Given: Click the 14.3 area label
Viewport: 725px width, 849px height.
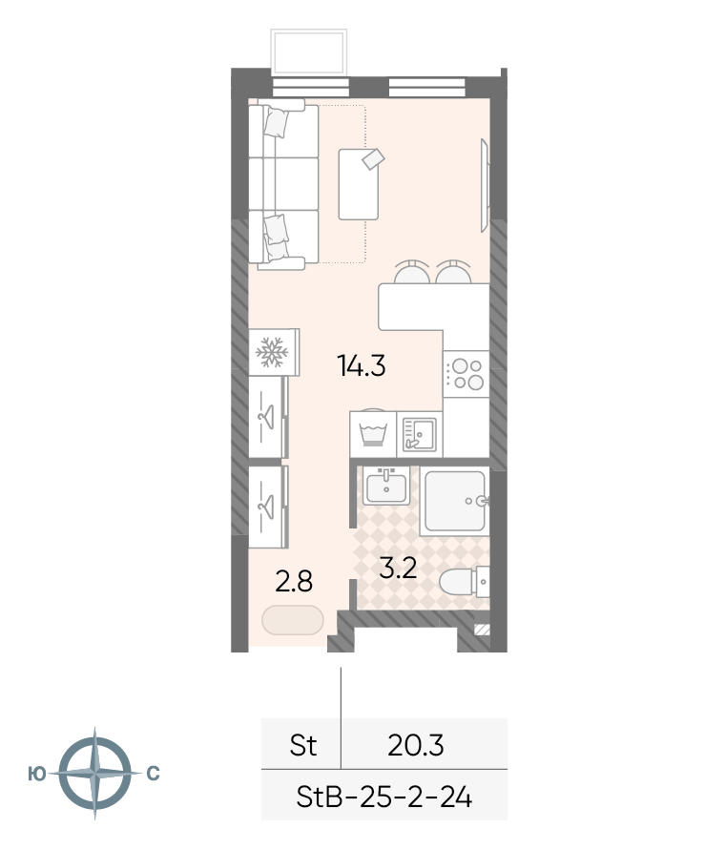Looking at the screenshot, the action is pyautogui.click(x=362, y=365).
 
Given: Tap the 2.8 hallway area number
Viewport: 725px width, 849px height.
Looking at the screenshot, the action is pyautogui.click(x=294, y=582).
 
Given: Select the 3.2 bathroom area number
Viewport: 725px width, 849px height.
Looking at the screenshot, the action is pyautogui.click(x=398, y=568).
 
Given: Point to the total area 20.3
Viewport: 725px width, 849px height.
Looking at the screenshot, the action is pyautogui.click(x=416, y=745).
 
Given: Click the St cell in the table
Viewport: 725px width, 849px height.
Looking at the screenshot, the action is pyautogui.click(x=302, y=745).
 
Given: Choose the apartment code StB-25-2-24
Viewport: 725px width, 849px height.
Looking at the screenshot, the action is pyautogui.click(x=384, y=797).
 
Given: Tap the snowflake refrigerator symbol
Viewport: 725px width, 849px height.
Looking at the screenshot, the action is pyautogui.click(x=271, y=352).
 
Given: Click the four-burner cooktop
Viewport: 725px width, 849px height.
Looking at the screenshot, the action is pyautogui.click(x=466, y=374).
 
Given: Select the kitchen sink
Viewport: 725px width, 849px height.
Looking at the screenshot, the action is pyautogui.click(x=420, y=434).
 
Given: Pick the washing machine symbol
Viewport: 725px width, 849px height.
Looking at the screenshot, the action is pyautogui.click(x=373, y=434).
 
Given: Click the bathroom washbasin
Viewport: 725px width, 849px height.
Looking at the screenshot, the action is pyautogui.click(x=386, y=486).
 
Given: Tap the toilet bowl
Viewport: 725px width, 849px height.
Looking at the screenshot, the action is pyautogui.click(x=464, y=582).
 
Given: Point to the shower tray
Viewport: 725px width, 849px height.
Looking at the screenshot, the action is pyautogui.click(x=455, y=501).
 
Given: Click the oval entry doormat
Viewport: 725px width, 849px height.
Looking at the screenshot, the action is pyautogui.click(x=293, y=620).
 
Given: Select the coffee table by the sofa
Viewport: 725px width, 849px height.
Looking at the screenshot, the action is pyautogui.click(x=359, y=184).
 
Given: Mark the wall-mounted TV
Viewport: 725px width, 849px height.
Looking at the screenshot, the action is pyautogui.click(x=486, y=185).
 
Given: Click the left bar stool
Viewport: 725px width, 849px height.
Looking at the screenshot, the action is pyautogui.click(x=411, y=272).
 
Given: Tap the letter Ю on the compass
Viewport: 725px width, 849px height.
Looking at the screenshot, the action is pyautogui.click(x=37, y=775).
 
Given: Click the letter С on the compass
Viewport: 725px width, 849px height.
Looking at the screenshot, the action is pyautogui.click(x=154, y=774).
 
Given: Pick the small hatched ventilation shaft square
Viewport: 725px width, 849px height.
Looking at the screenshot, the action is pyautogui.click(x=482, y=630).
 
